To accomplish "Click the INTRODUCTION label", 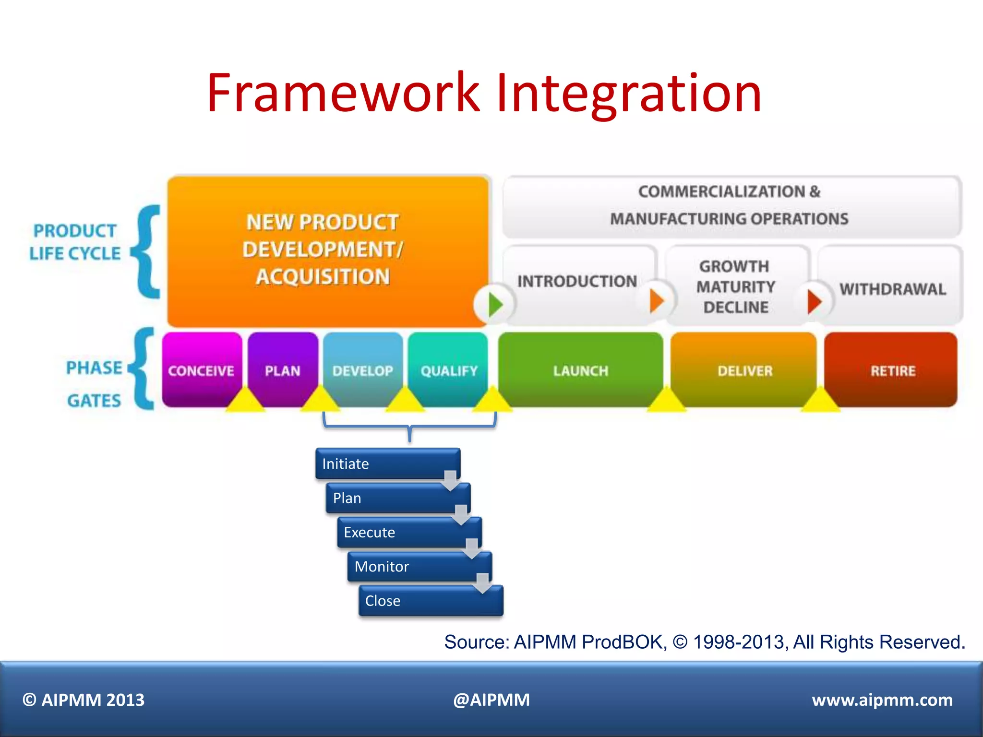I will point(577,281).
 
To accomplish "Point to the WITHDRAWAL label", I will point(892,289).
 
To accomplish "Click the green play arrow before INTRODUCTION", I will point(495,304).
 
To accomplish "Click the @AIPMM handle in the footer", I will point(491,700).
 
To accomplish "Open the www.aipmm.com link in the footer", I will point(882,700).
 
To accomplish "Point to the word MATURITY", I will point(735,287).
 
